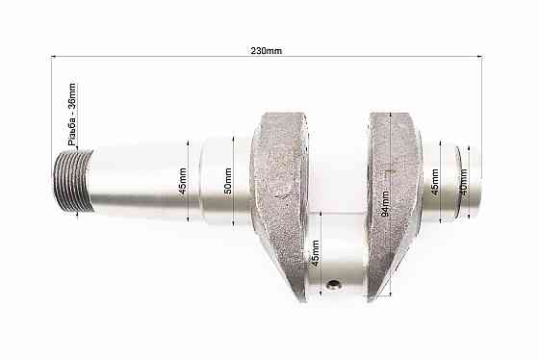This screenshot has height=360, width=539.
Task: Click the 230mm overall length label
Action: (266, 51)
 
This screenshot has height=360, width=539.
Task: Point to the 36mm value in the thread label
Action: (72, 95)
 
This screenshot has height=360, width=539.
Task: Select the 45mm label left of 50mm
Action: (183, 181)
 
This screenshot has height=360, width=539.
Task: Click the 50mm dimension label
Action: (228, 181)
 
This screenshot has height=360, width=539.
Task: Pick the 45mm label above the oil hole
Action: (315, 253)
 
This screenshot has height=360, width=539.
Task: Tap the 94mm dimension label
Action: (385, 204)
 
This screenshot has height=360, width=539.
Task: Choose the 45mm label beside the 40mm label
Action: (434, 182)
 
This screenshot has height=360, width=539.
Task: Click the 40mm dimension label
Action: (463, 182)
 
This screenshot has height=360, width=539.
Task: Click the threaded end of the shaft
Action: (74, 181)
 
